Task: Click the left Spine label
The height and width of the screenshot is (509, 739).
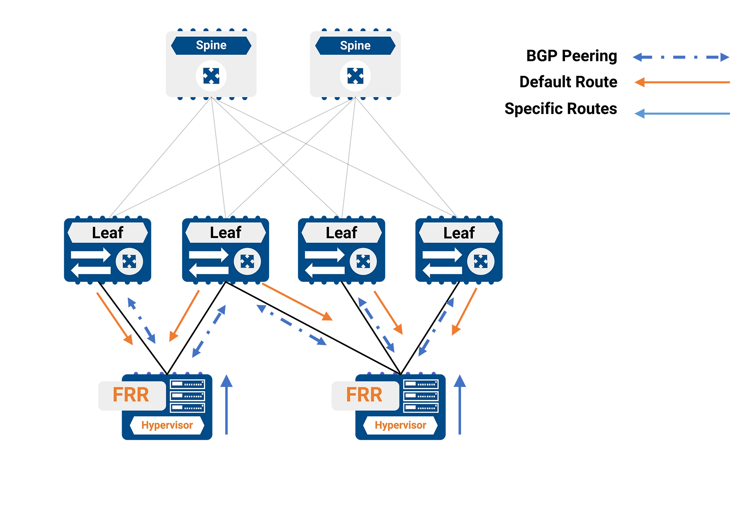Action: click(x=211, y=45)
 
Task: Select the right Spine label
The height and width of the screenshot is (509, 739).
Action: click(x=355, y=46)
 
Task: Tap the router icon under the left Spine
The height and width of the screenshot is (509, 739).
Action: click(x=211, y=76)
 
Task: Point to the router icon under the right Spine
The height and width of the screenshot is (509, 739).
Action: click(x=355, y=76)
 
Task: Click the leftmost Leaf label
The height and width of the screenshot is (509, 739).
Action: click(x=107, y=233)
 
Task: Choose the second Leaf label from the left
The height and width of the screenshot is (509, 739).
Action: click(x=226, y=233)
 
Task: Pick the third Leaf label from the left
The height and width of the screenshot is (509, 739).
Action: click(x=341, y=233)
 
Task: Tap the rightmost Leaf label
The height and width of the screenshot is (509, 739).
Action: click(x=459, y=233)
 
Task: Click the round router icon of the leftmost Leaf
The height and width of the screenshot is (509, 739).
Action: click(x=129, y=262)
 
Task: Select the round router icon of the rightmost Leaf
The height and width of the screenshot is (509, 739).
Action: click(x=481, y=262)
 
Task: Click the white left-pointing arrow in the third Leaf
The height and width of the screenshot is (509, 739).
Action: click(x=325, y=270)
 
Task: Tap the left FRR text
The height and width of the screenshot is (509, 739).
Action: click(x=130, y=395)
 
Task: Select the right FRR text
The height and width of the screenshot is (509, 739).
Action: click(x=364, y=395)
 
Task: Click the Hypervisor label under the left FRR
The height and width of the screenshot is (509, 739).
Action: click(x=167, y=425)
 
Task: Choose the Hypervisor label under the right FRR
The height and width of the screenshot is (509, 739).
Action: click(x=400, y=425)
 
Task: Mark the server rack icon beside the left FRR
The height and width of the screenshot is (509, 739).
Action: click(x=187, y=396)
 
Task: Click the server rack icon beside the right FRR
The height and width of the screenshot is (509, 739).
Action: click(x=421, y=396)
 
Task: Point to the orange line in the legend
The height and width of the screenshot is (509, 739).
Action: click(x=685, y=83)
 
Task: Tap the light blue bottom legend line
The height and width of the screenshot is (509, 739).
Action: click(x=685, y=114)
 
